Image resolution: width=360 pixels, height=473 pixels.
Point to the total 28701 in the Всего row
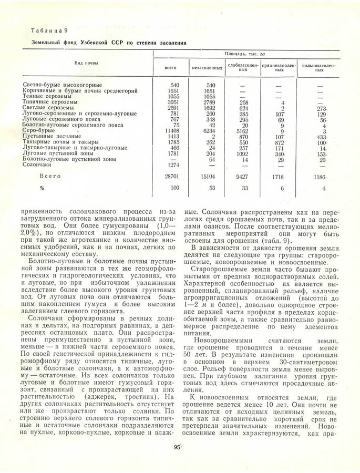pos(171,178)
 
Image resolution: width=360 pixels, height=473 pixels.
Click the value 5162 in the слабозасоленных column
pos(241,131)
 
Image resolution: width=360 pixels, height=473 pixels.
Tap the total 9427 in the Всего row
pos(241,178)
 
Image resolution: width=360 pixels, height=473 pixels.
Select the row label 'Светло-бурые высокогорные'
pos(63,85)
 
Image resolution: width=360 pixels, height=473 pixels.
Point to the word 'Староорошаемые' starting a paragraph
pos(217,268)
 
